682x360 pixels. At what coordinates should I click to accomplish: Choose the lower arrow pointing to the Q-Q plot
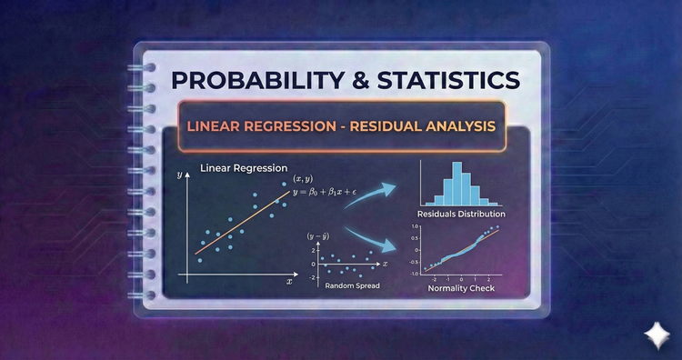[375, 243]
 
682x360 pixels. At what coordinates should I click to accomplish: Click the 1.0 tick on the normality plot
[414, 226]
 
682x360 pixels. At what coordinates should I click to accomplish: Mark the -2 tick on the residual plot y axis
[313, 275]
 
